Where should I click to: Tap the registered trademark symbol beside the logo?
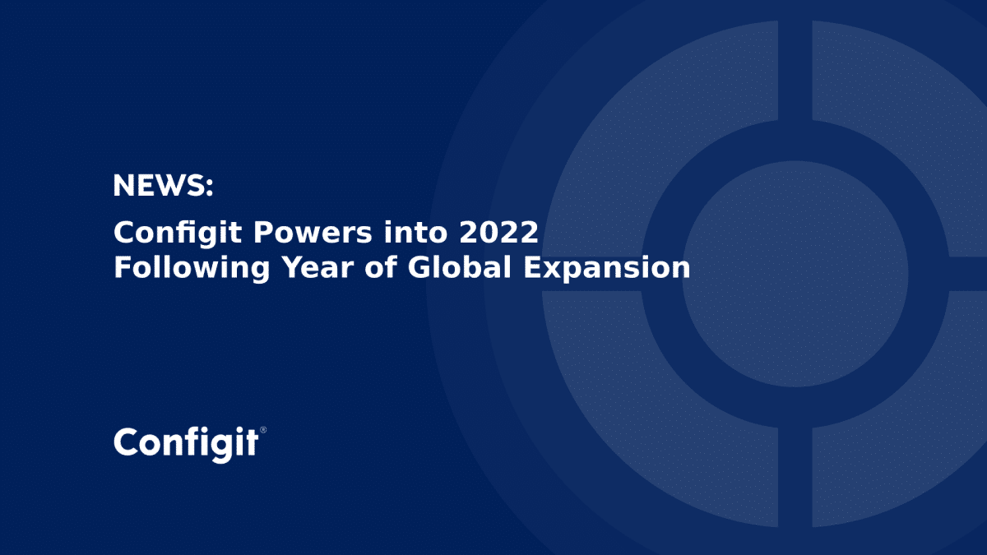263,430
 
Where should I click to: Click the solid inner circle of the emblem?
795,275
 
